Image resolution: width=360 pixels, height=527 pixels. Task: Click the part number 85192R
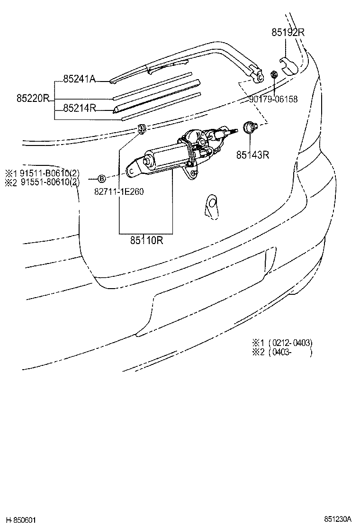[288, 33]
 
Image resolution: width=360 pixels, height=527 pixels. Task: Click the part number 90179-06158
[273, 99]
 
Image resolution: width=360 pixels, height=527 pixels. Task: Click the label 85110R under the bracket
[147, 240]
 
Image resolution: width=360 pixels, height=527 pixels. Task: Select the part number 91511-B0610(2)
[47, 173]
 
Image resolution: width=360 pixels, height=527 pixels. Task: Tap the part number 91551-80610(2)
[47, 182]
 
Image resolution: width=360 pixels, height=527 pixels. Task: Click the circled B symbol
[101, 178]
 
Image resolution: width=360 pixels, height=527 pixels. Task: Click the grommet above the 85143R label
[249, 127]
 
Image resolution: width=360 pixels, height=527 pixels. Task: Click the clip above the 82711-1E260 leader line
[141, 128]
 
